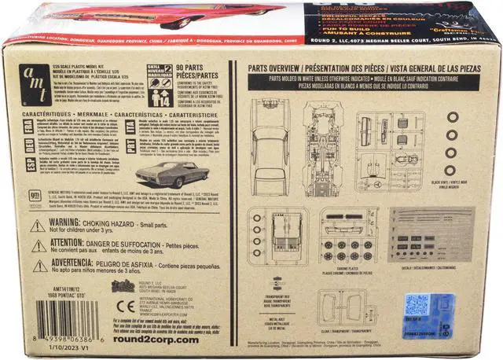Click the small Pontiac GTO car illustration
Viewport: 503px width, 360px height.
[x=166, y=173]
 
